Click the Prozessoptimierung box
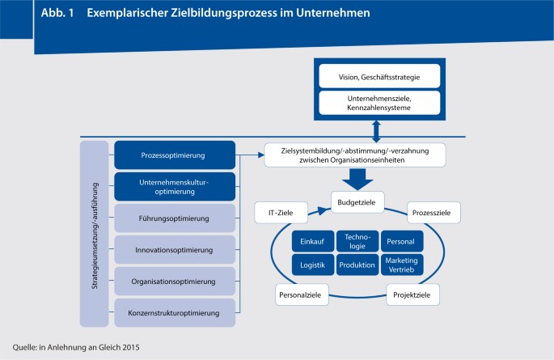[175, 155]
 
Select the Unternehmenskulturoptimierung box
[175, 186]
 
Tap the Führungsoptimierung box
[175, 218]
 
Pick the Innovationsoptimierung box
[175, 249]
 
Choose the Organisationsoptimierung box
[175, 281]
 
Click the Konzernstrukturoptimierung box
[175, 311]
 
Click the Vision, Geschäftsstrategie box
[378, 78]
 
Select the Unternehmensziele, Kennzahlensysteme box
[378, 103]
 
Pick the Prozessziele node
[434, 213]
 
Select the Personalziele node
[301, 295]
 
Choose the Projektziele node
[413, 295]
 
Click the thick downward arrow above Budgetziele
[356, 179]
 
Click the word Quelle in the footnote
[26, 348]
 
